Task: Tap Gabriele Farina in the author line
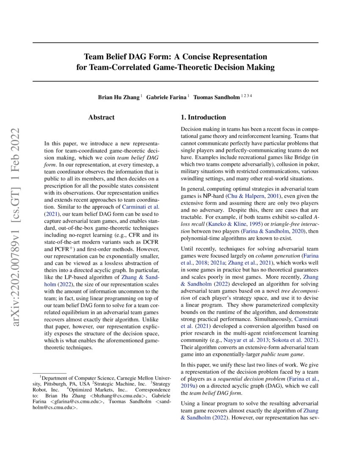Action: [166, 97]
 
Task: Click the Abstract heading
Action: [101, 117]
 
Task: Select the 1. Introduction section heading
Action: [203, 117]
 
